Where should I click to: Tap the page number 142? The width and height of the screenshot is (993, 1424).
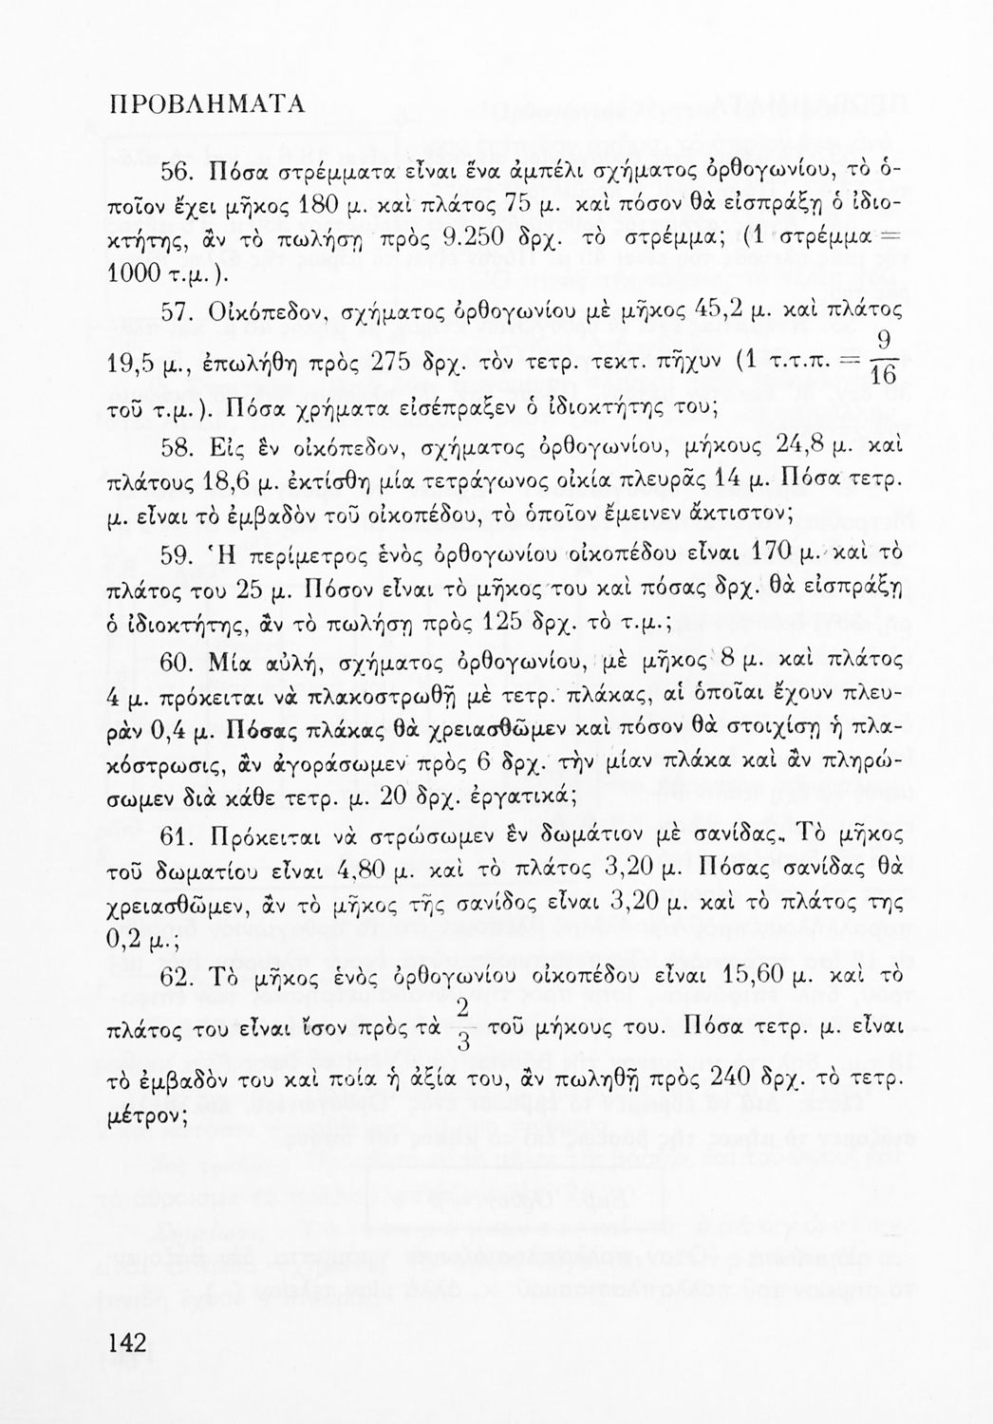pos(127,1342)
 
